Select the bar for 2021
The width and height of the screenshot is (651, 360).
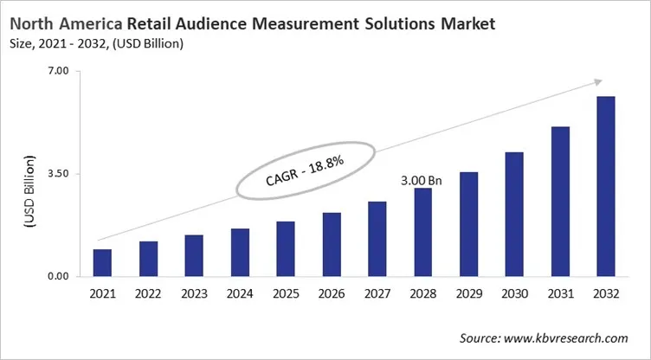(102, 263)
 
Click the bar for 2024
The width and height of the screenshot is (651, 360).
(240, 253)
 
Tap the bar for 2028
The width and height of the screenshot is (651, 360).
(422, 232)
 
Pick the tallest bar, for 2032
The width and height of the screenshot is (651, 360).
(606, 186)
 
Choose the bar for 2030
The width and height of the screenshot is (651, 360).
(514, 215)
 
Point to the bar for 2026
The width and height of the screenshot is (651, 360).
(332, 245)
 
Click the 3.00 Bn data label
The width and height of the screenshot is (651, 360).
(422, 181)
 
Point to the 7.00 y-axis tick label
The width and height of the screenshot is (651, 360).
(57, 71)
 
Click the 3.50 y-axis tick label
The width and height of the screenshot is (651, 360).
(57, 174)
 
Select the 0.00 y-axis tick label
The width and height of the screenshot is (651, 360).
(57, 277)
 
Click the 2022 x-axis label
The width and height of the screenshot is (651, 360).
(148, 294)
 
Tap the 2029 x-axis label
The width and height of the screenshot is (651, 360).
(468, 294)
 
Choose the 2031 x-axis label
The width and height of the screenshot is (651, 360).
(560, 294)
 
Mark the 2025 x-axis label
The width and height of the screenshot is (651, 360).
(286, 294)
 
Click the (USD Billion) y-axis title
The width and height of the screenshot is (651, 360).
(29, 192)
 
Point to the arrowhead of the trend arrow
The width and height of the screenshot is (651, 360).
(599, 81)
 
